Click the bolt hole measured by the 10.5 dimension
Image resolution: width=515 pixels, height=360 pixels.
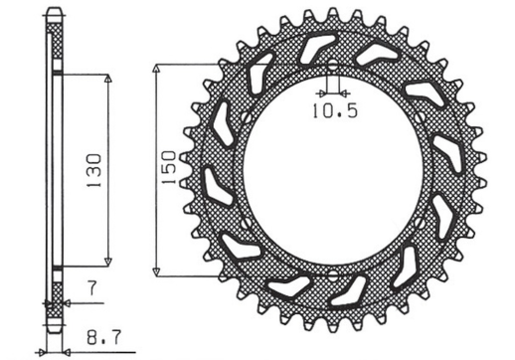[331, 68]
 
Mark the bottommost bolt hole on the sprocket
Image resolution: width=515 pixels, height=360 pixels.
[331, 274]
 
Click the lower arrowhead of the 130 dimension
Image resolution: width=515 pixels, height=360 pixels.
[108, 263]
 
